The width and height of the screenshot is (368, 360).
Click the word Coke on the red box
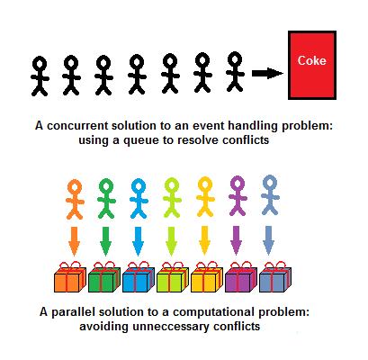(311, 60)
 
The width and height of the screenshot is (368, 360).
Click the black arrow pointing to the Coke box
(267, 73)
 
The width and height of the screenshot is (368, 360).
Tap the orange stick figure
(75, 199)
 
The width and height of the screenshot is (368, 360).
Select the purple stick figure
(238, 195)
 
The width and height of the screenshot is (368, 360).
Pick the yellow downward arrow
(204, 240)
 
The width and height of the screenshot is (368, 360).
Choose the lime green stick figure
(172, 197)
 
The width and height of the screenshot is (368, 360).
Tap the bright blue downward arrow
(138, 241)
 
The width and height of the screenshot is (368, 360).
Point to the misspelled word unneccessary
(170, 327)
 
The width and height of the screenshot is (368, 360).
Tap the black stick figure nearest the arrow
(235, 71)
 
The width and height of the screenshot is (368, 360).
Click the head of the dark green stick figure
(106, 185)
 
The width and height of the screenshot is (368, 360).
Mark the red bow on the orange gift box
(69, 265)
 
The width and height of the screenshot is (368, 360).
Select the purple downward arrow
(237, 240)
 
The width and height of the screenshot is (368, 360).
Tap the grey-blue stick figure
(270, 195)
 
